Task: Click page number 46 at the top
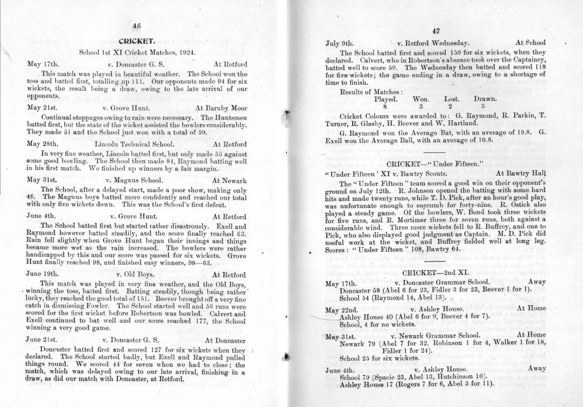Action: (145, 26)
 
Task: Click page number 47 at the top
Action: (437, 31)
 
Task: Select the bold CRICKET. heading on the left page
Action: (145, 41)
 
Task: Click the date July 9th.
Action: (342, 44)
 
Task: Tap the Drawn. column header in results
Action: (485, 98)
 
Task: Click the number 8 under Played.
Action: (385, 106)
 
